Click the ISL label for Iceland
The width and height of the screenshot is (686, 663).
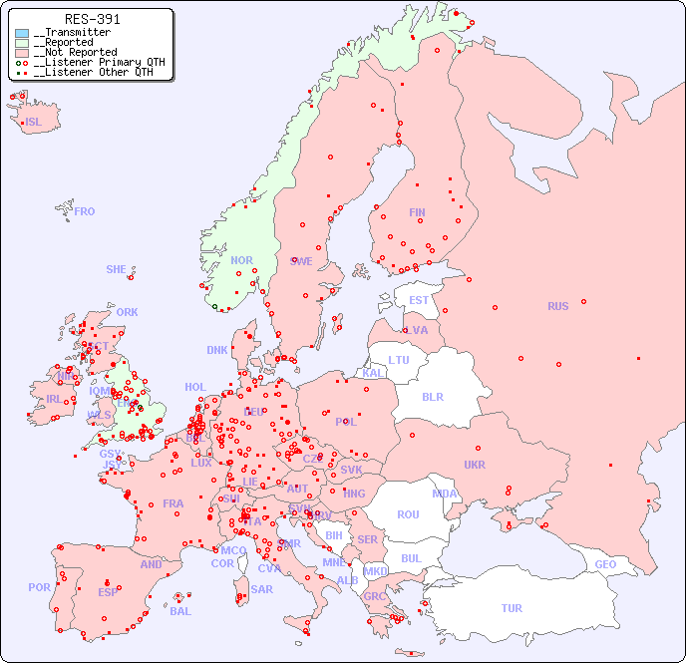coord(34,123)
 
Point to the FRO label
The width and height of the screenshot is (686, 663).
coord(85,211)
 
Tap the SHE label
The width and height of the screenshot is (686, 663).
coord(116,269)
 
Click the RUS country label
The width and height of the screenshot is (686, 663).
coord(557,306)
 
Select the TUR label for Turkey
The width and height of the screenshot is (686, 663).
coord(512,608)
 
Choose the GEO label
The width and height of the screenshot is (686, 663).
coord(605,564)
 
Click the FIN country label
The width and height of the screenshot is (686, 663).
coord(417,212)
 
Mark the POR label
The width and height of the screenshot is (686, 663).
coord(39,587)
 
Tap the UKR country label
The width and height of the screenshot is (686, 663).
coord(475,465)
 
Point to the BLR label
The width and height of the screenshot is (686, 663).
coord(432,396)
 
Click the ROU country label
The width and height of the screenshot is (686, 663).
coord(408,514)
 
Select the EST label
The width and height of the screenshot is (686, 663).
coord(419,300)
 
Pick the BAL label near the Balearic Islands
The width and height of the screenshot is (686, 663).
coord(179,611)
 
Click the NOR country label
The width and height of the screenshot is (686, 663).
coord(241,260)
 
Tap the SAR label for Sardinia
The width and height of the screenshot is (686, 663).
coord(261,589)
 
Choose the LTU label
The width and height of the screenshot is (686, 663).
coord(399,360)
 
